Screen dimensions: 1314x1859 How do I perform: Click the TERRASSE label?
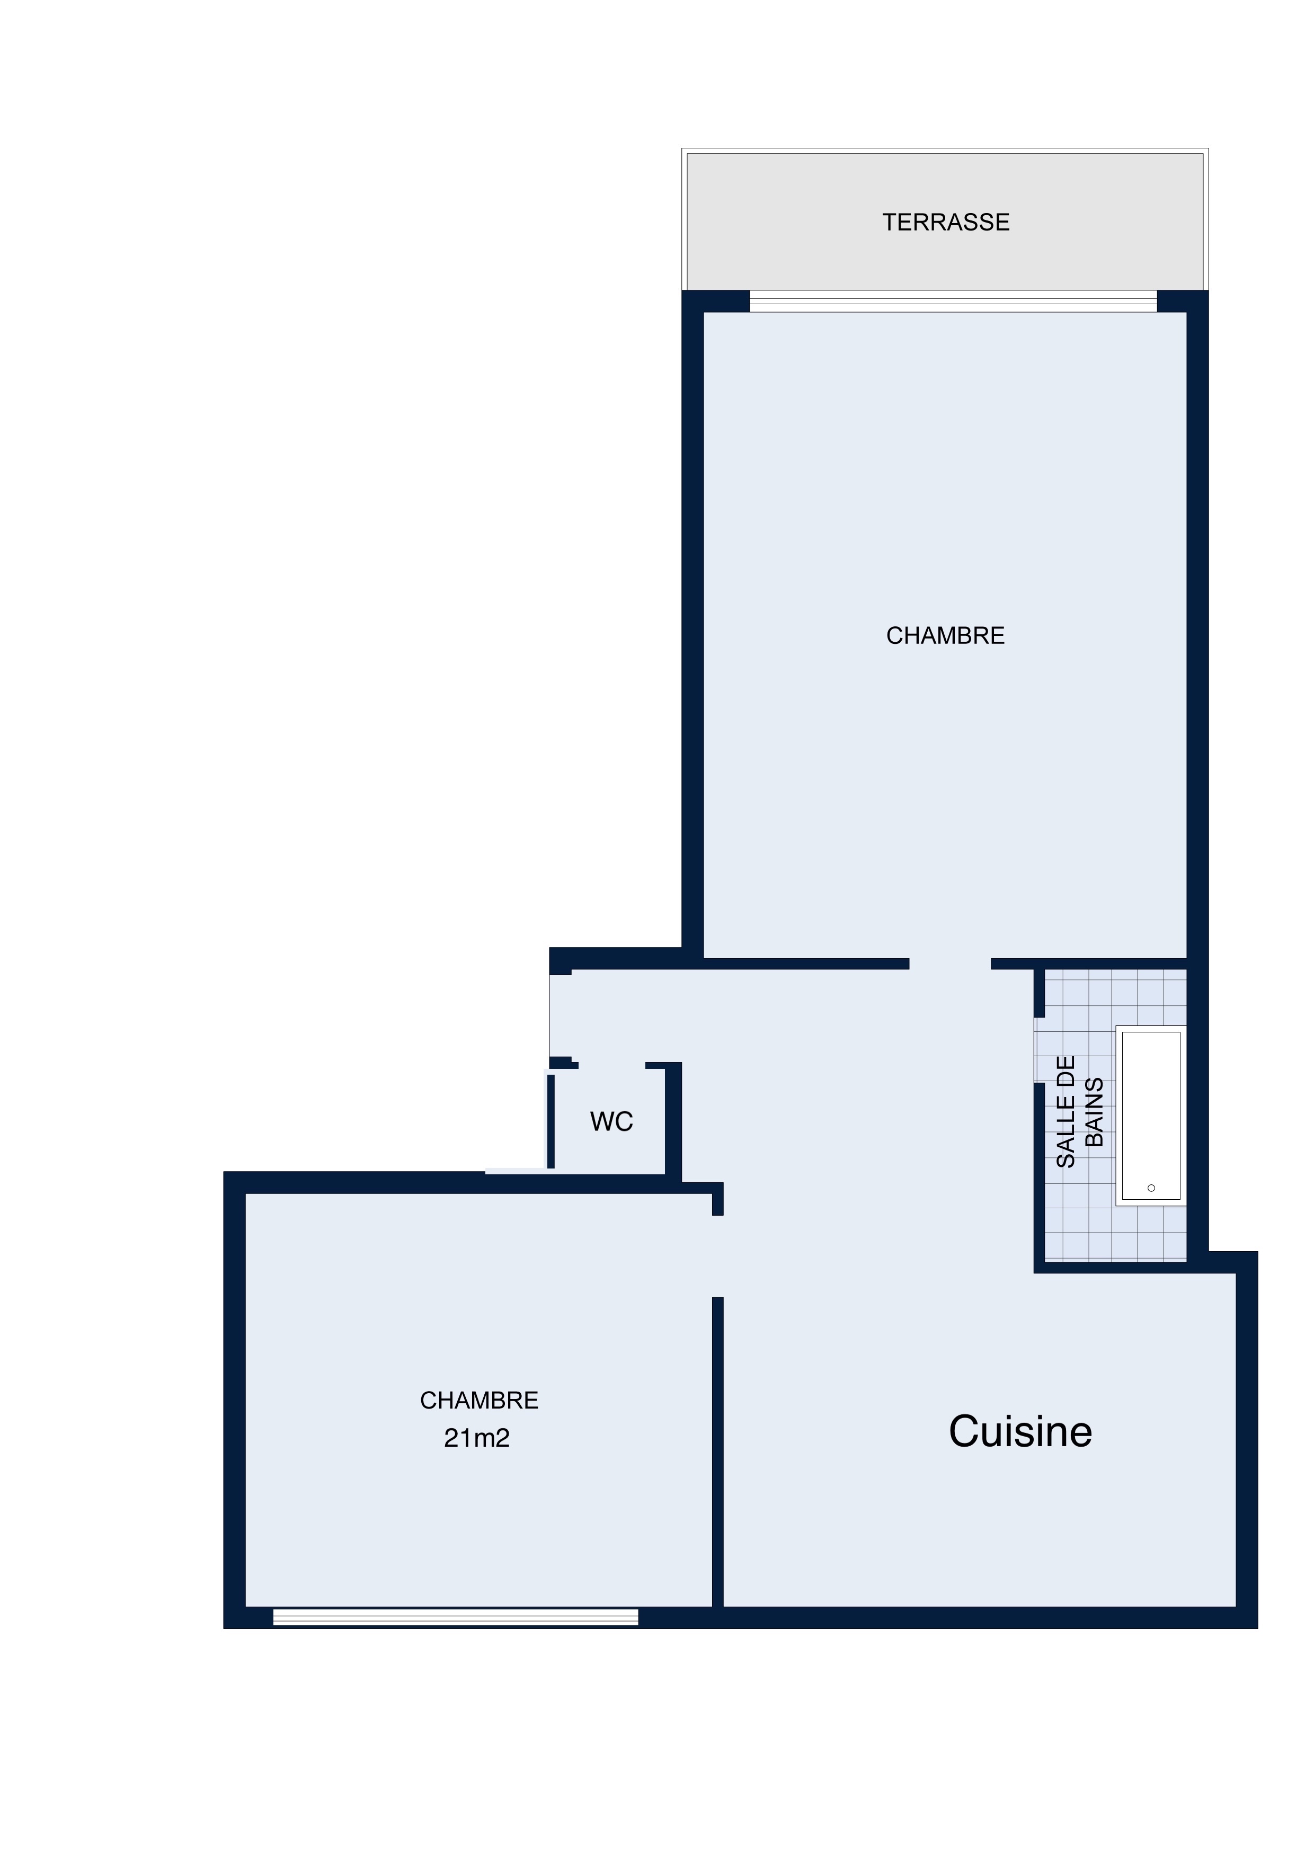(x=946, y=223)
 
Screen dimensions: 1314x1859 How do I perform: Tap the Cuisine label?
(x=1020, y=1431)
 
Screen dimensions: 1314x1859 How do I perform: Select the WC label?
(x=611, y=1121)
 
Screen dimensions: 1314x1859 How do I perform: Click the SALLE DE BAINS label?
(x=1080, y=1112)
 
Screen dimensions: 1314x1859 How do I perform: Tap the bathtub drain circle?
(x=1151, y=1188)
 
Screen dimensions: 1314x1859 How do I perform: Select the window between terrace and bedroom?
(x=953, y=301)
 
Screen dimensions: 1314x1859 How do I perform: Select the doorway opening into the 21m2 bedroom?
(x=717, y=1256)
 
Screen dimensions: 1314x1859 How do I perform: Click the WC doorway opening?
(x=612, y=1066)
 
